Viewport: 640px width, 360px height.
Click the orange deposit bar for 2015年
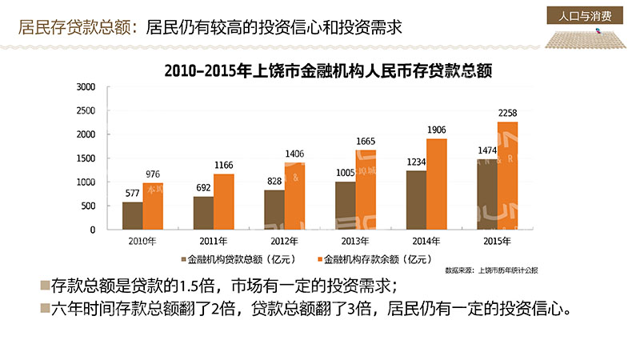pos(507,175)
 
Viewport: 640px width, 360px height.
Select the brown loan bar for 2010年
pos(132,215)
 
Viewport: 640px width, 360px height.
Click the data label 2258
pos(507,114)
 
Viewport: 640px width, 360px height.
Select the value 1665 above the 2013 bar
pos(366,142)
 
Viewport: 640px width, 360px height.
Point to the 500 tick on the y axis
pos(87,206)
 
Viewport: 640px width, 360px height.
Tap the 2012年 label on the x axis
pos(284,241)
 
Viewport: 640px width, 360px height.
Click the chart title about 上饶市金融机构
pos(326,70)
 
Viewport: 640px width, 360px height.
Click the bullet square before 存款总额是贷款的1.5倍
pos(44,286)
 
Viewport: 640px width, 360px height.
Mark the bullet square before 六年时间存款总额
pos(44,309)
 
